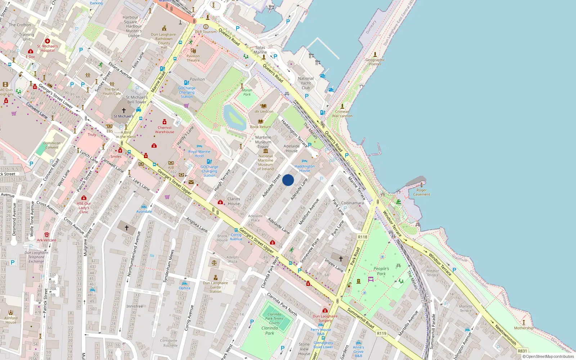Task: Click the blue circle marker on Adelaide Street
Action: coord(288,180)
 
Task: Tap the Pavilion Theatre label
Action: coord(193,58)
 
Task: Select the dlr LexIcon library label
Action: coord(264,111)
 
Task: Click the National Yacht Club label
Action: coord(306,83)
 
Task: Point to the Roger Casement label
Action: coord(422,192)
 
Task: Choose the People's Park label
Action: coord(381,271)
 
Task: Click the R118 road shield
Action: coord(363,237)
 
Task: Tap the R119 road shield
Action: coord(382,333)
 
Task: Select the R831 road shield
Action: coord(522,351)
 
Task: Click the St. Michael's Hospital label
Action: coord(47,48)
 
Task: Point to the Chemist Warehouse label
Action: coord(165,130)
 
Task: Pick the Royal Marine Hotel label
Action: coord(199,154)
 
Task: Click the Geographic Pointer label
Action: coord(375,62)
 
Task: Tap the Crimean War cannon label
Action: coord(342,114)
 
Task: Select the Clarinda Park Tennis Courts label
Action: coord(274,319)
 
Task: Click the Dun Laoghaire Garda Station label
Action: coord(215,287)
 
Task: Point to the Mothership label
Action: coord(524,328)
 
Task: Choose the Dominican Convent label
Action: coord(52,145)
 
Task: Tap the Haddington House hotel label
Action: coord(305,168)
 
